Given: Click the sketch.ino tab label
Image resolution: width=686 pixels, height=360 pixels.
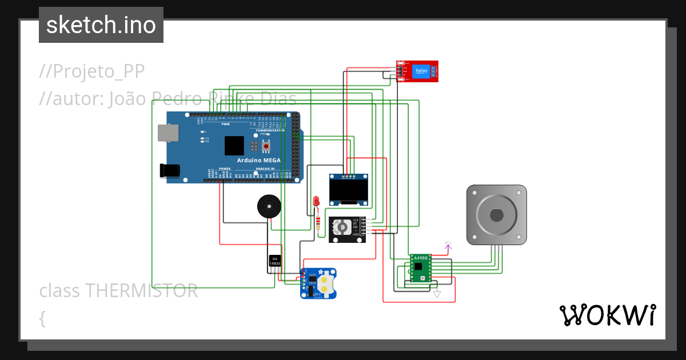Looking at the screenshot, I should click(x=101, y=25).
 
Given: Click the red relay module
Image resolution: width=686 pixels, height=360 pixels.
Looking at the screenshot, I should click(x=417, y=71).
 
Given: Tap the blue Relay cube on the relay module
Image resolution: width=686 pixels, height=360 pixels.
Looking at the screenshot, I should click(x=421, y=71).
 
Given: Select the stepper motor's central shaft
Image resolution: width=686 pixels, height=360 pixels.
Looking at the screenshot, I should click(x=496, y=215).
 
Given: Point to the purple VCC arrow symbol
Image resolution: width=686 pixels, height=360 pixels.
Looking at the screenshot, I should click(x=448, y=246).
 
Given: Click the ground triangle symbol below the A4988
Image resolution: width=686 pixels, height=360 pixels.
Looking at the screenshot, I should click(x=437, y=294).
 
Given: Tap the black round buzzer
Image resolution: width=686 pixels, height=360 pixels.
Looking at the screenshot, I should click(x=269, y=206).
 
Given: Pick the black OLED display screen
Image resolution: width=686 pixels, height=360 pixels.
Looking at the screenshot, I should click(x=348, y=190).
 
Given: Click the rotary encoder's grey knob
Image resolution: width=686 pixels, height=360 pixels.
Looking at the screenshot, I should click(x=341, y=227).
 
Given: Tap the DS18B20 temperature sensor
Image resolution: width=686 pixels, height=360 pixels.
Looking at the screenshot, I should click(x=275, y=261).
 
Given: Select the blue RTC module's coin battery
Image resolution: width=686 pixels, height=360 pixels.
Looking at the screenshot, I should click(x=326, y=284).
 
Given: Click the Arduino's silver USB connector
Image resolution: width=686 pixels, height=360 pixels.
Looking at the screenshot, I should click(x=168, y=133).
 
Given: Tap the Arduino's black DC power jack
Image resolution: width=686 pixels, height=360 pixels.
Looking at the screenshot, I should click(x=170, y=170).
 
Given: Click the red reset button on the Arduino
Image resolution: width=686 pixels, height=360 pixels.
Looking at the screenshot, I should click(x=266, y=147).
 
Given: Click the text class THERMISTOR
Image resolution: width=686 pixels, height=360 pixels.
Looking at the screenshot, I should click(x=118, y=291).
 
